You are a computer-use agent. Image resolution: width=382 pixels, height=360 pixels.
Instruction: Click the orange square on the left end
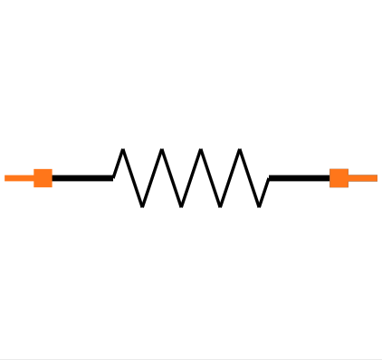43,177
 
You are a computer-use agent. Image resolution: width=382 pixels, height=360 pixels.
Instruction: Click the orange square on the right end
339,177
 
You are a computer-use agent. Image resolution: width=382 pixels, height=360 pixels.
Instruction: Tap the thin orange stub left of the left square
19,177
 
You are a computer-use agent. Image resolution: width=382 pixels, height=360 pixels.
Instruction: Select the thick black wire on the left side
81,177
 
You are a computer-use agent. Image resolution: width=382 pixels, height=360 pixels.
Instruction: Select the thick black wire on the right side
300,177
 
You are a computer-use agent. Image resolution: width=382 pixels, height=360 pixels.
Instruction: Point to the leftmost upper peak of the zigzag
122,150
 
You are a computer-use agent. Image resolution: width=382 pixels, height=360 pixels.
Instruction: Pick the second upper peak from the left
161,150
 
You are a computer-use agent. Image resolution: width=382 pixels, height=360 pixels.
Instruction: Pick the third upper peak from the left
201,150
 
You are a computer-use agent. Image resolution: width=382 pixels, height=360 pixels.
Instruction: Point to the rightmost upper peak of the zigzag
240,150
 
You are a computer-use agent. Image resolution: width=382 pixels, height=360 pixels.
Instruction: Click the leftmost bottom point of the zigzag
142,205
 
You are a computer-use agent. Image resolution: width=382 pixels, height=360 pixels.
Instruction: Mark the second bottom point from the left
181,205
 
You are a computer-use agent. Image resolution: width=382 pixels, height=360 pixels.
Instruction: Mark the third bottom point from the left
220,205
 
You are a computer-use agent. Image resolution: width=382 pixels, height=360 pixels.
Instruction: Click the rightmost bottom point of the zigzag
260,205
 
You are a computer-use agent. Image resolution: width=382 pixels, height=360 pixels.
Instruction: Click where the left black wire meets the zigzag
113,177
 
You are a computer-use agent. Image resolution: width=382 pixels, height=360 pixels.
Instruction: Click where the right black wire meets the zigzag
270,177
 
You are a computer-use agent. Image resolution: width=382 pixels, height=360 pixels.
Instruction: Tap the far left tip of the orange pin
5,177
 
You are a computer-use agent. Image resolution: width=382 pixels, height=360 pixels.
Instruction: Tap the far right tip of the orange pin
377,177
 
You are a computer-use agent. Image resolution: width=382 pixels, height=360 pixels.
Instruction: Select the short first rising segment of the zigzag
118,164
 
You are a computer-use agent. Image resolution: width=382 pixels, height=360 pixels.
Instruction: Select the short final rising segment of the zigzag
264,192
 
